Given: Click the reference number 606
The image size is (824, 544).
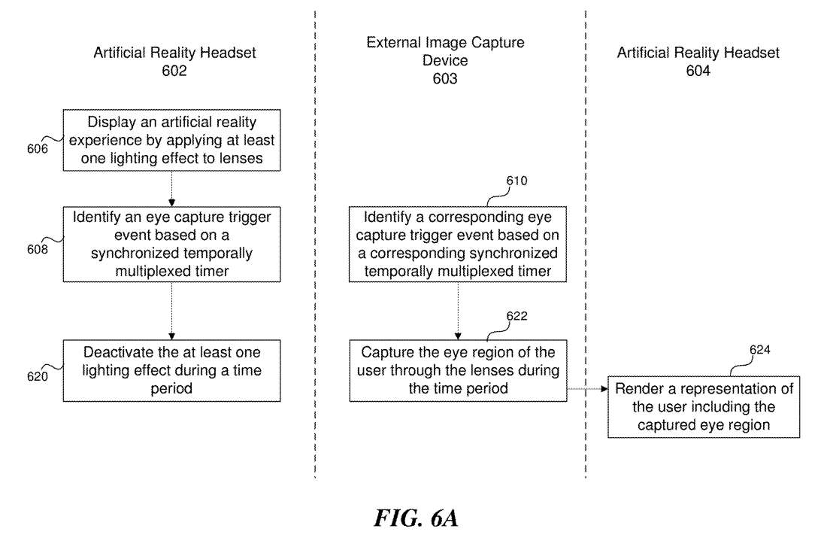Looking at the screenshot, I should [38, 149].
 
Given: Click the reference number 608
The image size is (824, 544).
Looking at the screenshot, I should [38, 249].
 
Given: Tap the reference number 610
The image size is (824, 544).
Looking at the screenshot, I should [517, 181].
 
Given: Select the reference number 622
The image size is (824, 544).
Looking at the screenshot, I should [517, 316].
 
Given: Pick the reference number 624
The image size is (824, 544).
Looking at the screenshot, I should [759, 350].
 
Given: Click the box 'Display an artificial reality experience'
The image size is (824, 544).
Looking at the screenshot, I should [171, 141].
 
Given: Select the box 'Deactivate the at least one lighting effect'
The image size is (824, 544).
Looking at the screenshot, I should [171, 370].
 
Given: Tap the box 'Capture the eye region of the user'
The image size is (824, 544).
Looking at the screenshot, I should [458, 370].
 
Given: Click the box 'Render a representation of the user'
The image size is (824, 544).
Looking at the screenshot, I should [703, 406].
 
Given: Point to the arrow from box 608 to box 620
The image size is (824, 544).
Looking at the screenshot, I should [171, 310].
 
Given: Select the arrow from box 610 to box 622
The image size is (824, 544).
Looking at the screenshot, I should [458, 310].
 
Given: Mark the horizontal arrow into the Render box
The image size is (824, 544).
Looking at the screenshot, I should [586, 389].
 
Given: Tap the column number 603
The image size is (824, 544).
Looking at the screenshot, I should [445, 78].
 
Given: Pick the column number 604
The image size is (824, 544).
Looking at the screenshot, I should [698, 71].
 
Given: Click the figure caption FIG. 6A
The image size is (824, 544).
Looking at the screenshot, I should [415, 518].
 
